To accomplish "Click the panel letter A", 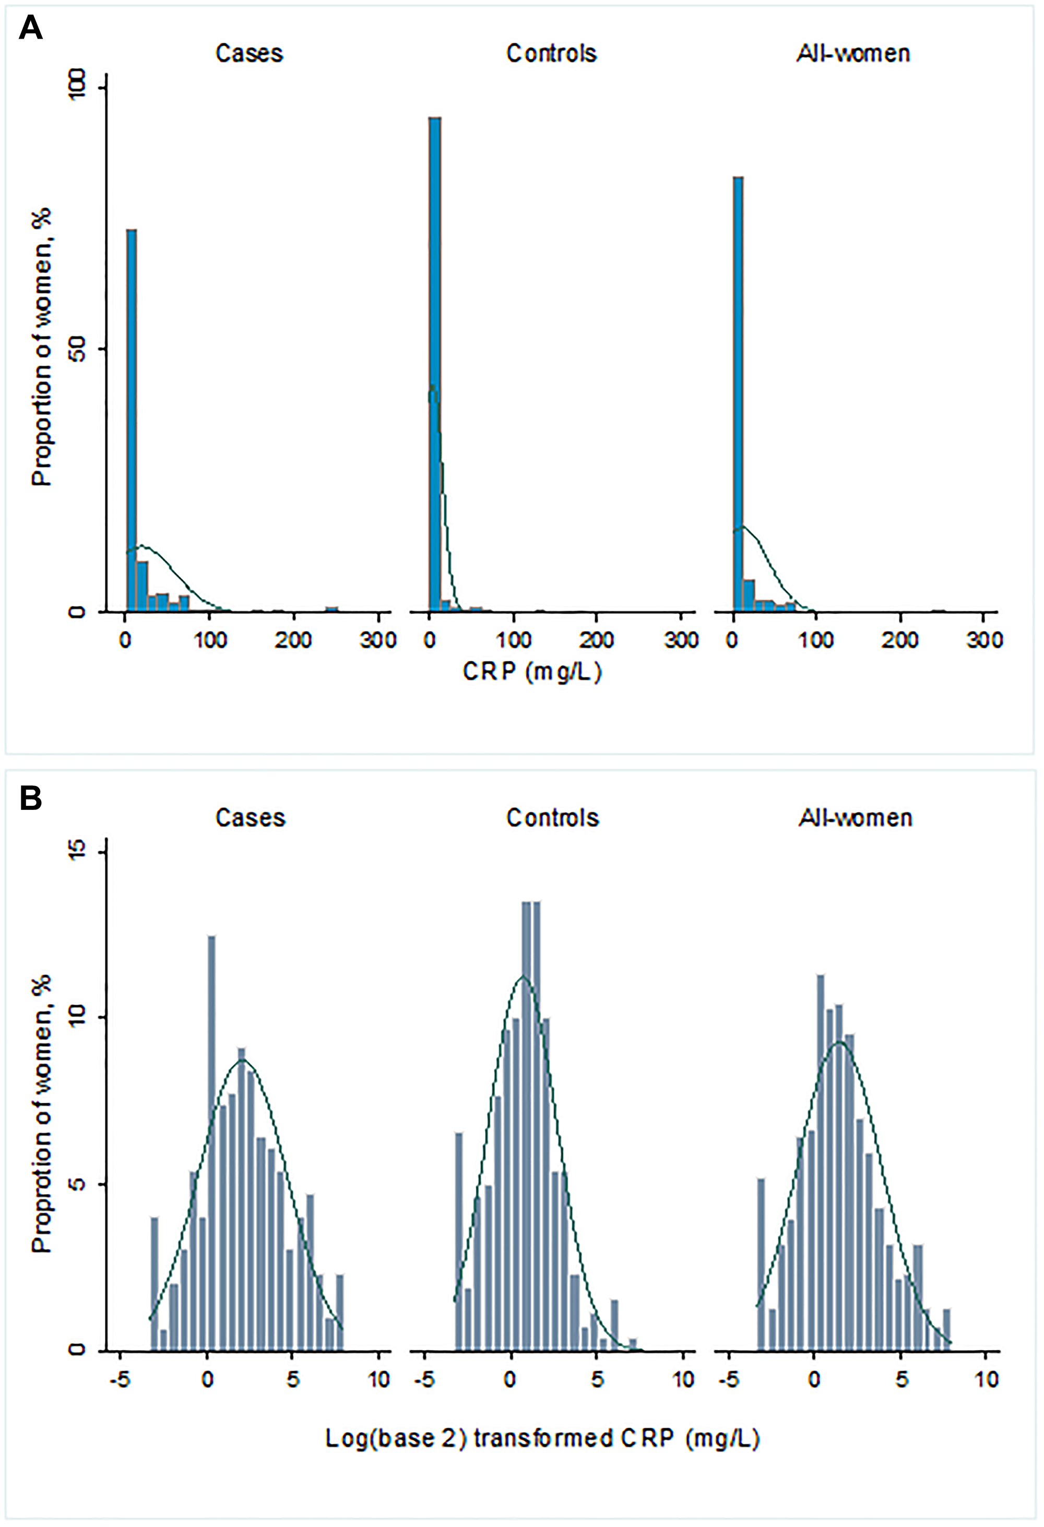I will click(x=31, y=28).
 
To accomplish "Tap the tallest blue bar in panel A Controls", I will click(x=434, y=361).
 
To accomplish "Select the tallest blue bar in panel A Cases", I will click(x=132, y=421).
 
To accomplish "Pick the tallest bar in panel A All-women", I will click(x=738, y=394).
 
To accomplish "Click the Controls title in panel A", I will click(x=551, y=53).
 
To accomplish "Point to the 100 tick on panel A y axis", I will click(x=79, y=87).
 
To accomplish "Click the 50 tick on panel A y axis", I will click(x=79, y=349).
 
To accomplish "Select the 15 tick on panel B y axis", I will click(x=79, y=852).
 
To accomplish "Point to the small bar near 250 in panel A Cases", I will click(x=333, y=609).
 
